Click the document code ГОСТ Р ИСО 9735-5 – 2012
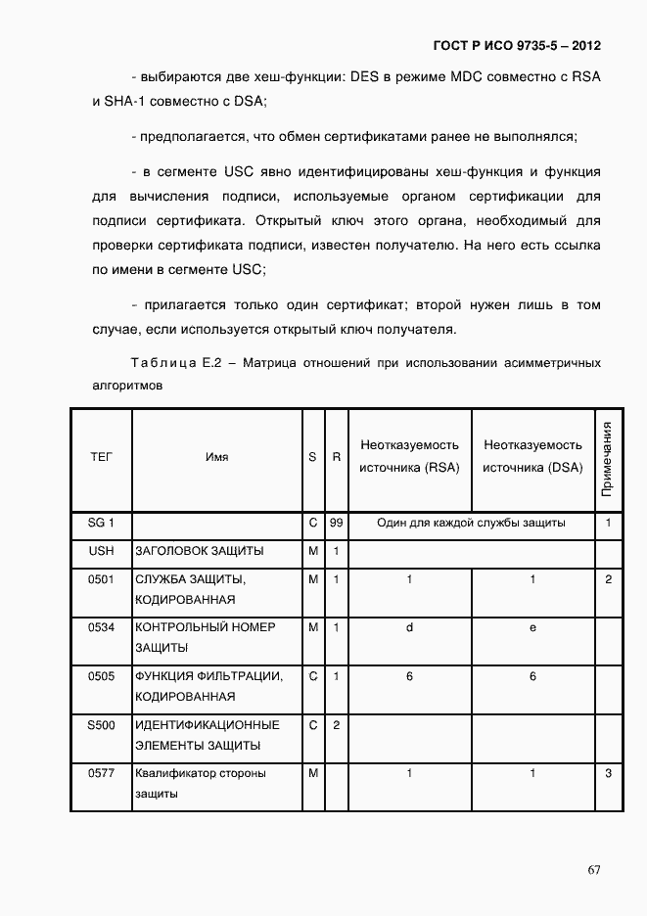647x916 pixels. pyautogui.click(x=517, y=46)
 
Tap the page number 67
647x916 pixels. pyautogui.click(x=594, y=870)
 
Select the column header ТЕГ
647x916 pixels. pyautogui.click(x=101, y=457)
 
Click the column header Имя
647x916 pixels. pyautogui.click(x=217, y=457)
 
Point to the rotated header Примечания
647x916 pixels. pyautogui.click(x=607, y=458)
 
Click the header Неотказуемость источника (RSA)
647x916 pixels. pyautogui.click(x=409, y=457)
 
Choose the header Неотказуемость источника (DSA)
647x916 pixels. pyautogui.click(x=532, y=457)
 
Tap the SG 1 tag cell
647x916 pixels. pyautogui.click(x=101, y=524)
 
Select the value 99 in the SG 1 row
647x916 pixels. pyautogui.click(x=336, y=524)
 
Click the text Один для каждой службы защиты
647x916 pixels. pyautogui.click(x=471, y=524)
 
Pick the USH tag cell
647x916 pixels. pyautogui.click(x=101, y=551)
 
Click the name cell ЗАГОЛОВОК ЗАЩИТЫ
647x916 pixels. pyautogui.click(x=200, y=551)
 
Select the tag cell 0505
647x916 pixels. pyautogui.click(x=101, y=676)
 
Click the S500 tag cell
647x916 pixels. pyautogui.click(x=101, y=725)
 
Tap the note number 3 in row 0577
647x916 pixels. pyautogui.click(x=608, y=774)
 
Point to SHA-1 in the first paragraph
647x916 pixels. pyautogui.click(x=125, y=101)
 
